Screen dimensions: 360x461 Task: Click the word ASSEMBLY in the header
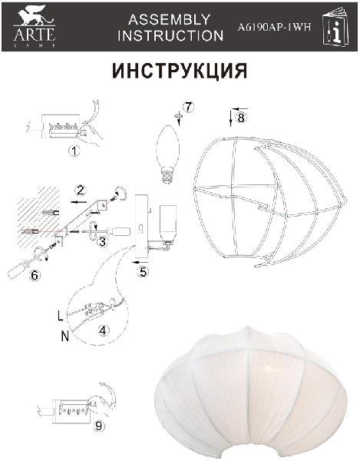pos(170,19)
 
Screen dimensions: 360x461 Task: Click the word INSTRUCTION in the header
pos(170,35)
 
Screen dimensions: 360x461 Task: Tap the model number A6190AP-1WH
pos(274,28)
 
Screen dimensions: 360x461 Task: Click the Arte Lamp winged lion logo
pos(34,25)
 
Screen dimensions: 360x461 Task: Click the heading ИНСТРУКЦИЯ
pos(180,71)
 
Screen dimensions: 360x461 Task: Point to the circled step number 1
pos(74,151)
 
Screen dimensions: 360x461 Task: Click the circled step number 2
pos(80,191)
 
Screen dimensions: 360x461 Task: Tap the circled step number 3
pos(102,242)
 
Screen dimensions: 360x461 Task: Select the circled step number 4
pos(103,330)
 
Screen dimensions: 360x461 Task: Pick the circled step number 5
pos(143,272)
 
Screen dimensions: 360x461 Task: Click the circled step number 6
pos(35,276)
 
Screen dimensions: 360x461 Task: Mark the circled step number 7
pos(188,107)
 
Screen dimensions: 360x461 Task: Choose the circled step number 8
pos(241,118)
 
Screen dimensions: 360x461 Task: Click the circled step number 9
pos(99,426)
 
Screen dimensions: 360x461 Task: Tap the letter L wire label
pos(60,316)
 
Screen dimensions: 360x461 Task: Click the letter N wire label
pos(65,336)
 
